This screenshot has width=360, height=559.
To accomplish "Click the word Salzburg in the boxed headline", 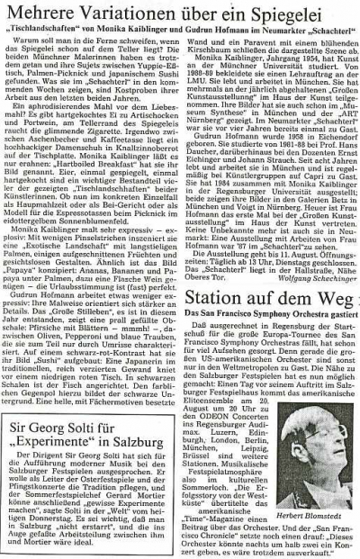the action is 149,412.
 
